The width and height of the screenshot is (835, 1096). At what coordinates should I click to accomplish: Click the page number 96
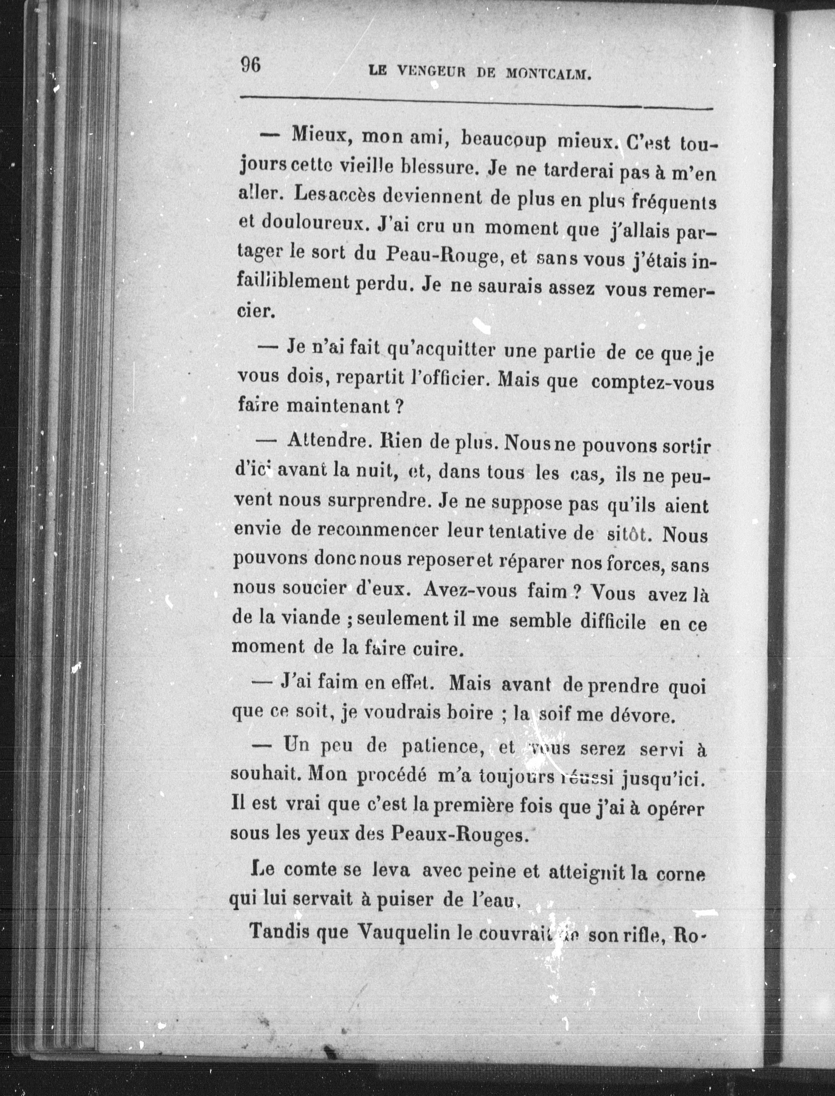coord(251,65)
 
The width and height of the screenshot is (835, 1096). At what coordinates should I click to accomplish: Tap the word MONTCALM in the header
coord(548,74)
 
